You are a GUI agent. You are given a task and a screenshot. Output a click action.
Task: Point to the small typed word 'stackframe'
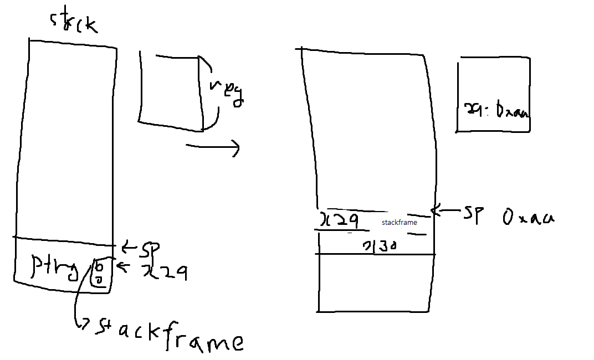[399, 223]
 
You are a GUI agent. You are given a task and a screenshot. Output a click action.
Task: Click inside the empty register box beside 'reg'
[169, 91]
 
